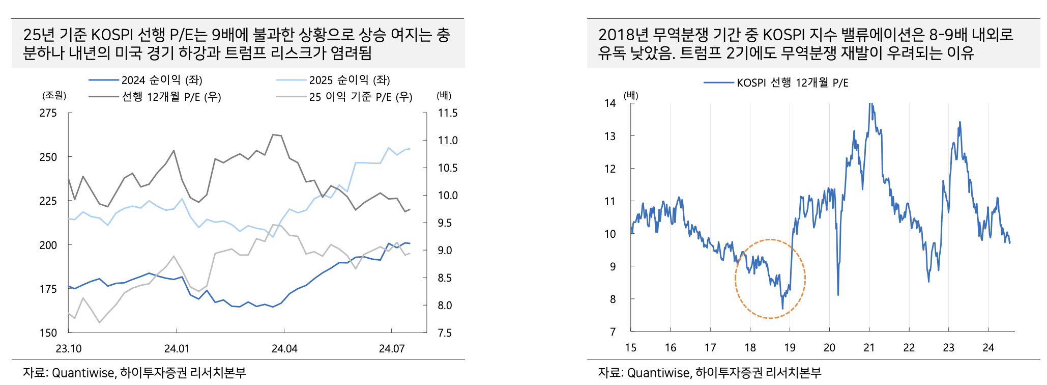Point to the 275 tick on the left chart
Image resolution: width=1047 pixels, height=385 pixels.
pos(48,113)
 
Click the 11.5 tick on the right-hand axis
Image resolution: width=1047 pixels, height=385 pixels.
pos(448,113)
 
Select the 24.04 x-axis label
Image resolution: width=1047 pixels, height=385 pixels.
pos(284,349)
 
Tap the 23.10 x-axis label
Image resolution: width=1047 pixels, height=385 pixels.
pos(69,349)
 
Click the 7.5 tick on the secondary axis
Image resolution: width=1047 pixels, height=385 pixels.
pos(445,333)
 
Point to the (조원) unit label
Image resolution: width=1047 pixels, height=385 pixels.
pos(54,95)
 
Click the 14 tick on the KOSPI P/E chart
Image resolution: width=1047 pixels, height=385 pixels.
pos(610,103)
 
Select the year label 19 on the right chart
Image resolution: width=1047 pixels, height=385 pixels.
pos(790,348)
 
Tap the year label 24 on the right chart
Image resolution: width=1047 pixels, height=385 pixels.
pos(988,348)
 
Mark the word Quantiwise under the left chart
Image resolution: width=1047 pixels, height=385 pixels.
pos(83,373)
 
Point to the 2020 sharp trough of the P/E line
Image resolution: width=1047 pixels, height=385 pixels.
pos(838,294)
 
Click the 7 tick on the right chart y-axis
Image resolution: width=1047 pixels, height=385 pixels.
pos(613,332)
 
